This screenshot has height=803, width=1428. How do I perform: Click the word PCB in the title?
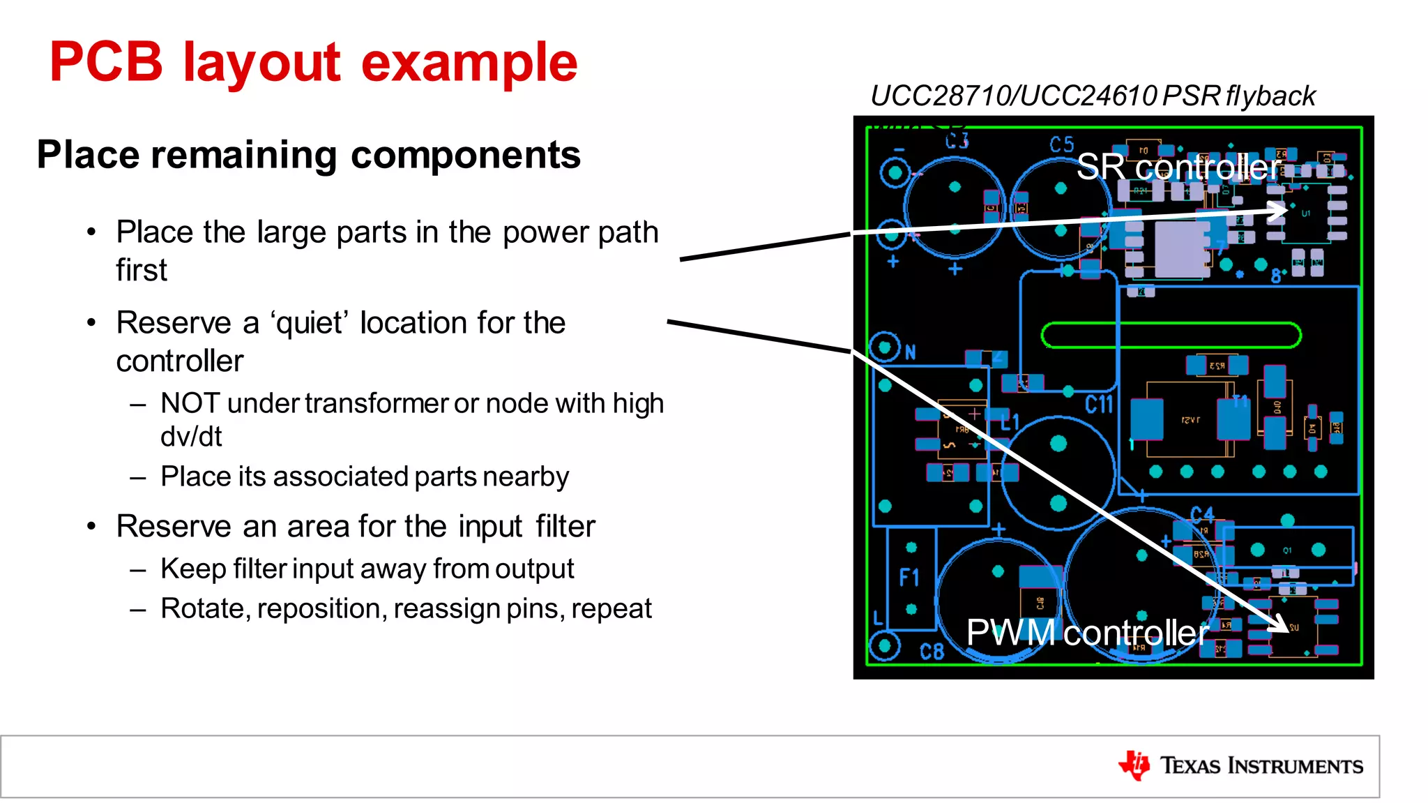tap(106, 62)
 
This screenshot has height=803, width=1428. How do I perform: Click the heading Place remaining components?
tap(308, 154)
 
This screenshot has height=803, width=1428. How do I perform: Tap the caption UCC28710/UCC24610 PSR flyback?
tap(1092, 96)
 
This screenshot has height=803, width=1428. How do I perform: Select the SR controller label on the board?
tap(1178, 167)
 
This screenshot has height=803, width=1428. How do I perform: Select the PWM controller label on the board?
tap(1087, 633)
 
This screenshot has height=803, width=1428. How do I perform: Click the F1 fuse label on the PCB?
tap(909, 578)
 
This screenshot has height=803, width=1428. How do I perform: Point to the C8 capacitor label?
tap(932, 652)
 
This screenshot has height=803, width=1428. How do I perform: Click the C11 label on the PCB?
tap(1099, 405)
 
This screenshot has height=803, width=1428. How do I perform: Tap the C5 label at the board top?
tap(1061, 145)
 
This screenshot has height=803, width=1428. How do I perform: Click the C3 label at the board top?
tap(957, 142)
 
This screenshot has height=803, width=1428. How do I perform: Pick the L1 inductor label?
tap(1010, 422)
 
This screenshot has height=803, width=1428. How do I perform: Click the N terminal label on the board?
tap(910, 353)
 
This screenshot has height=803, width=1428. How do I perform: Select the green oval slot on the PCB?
tap(1171, 335)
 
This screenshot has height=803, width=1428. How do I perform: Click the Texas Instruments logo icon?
tap(1134, 765)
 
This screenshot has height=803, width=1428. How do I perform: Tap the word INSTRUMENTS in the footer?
tap(1295, 766)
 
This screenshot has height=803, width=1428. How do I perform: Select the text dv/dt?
tap(190, 437)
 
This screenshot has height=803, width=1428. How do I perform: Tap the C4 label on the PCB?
tap(1201, 515)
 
